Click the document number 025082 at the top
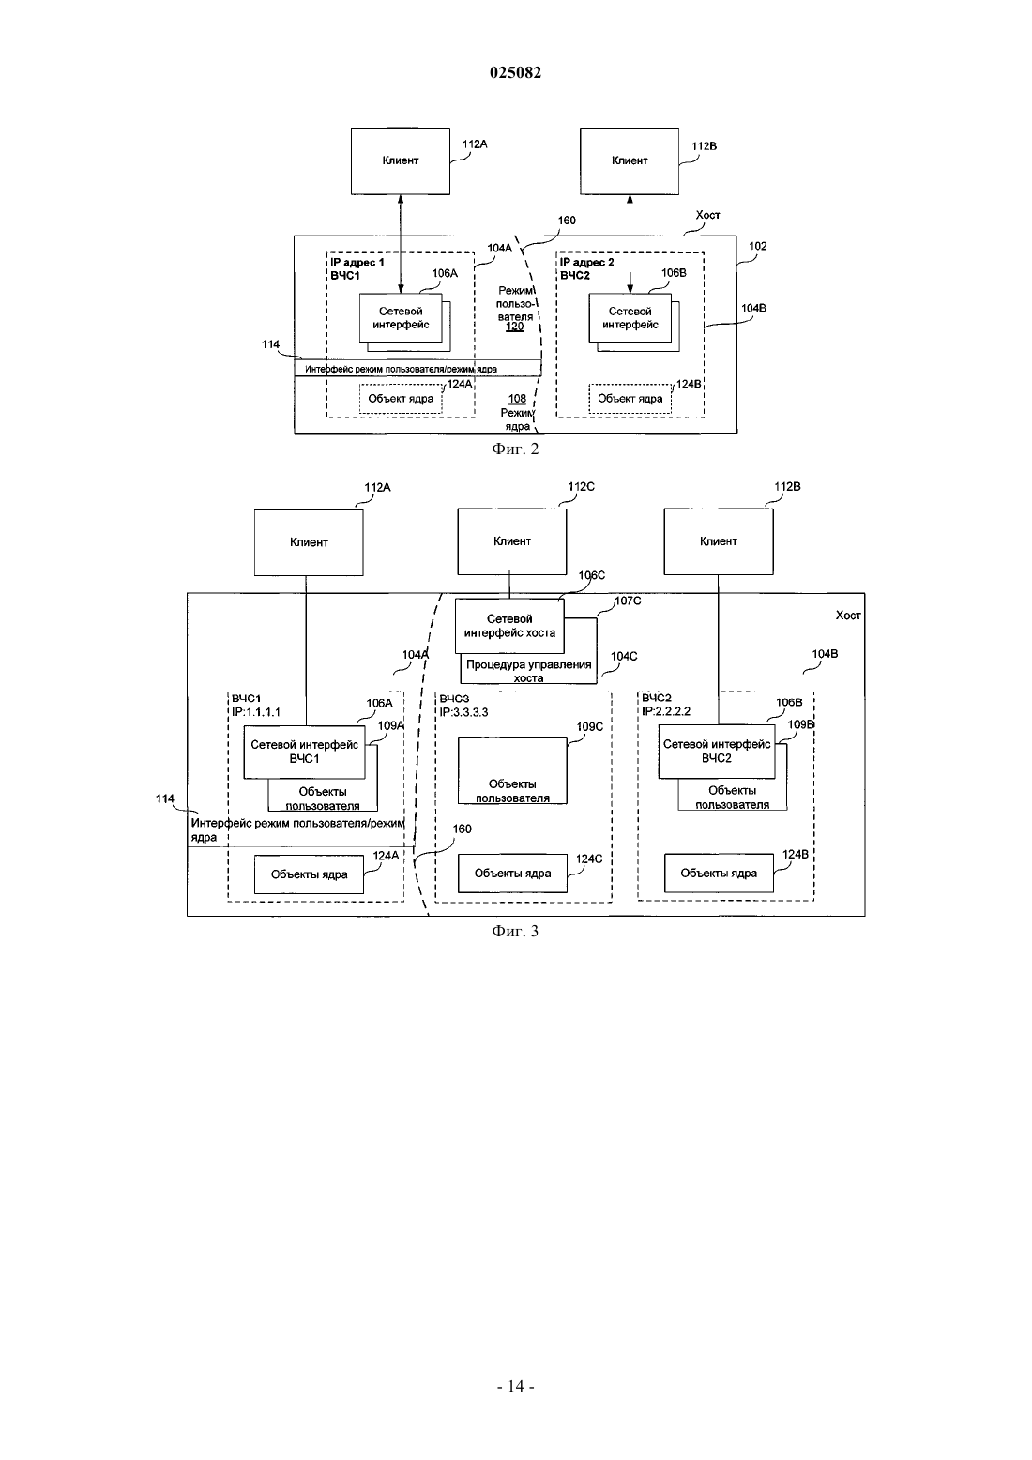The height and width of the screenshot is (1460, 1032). (515, 72)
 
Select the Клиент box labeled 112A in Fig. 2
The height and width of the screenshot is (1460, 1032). (400, 161)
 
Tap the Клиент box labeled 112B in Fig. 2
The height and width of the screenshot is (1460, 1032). (630, 161)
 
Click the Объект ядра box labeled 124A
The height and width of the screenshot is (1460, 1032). (401, 399)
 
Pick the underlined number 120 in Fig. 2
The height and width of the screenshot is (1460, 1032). (515, 327)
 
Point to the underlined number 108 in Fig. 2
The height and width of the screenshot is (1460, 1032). (517, 399)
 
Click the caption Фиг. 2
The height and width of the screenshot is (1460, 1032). (515, 449)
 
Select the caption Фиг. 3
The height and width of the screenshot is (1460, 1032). (515, 932)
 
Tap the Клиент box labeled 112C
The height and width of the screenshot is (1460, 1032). (512, 541)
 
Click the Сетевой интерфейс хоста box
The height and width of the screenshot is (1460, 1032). (509, 627)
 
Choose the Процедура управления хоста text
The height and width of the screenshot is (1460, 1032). (528, 671)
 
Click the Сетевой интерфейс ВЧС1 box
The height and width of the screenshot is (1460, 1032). (304, 753)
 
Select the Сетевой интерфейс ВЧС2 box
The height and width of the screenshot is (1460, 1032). (717, 752)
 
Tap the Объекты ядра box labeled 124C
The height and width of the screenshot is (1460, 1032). (513, 874)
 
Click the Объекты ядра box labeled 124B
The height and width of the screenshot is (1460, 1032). (720, 874)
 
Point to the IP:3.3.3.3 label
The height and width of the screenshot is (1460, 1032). (463, 712)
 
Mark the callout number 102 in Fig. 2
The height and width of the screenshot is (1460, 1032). (758, 247)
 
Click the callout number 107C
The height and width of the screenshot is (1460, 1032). (628, 601)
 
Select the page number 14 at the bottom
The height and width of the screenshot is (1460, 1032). (515, 1386)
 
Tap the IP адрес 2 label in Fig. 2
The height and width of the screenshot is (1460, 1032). (587, 263)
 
